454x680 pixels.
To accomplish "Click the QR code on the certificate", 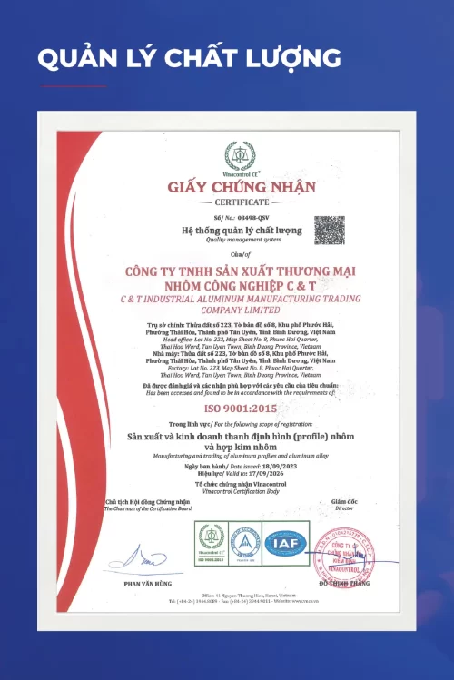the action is point(329,230).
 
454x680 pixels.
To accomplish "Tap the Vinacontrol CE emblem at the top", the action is point(241,155).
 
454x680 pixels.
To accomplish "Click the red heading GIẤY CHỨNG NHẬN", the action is point(241,187).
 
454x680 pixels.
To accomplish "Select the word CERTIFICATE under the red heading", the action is point(241,202).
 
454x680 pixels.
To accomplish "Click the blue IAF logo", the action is point(286,543).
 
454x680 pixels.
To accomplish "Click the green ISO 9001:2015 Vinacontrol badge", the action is point(212,543).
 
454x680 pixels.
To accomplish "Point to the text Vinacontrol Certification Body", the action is point(241,491).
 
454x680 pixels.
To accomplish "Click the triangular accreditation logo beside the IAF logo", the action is point(244,543).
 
